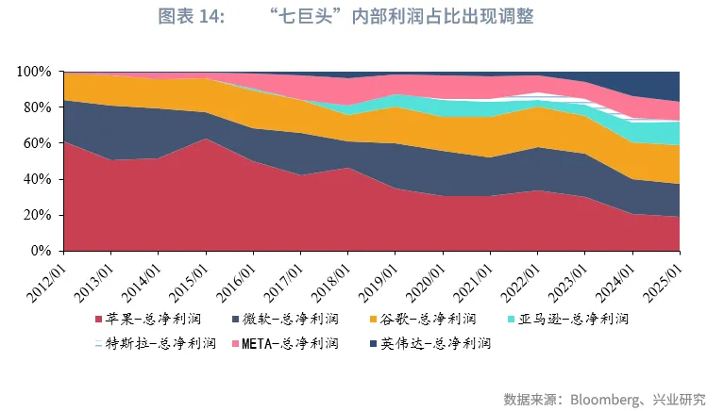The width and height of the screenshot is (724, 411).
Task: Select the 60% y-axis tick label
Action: tap(37, 143)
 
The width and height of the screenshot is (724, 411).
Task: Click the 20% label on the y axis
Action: tap(37, 215)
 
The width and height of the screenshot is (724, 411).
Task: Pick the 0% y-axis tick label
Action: tap(41, 251)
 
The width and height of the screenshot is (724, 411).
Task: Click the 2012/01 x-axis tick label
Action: tap(47, 274)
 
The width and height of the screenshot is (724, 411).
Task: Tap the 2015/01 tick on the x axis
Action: tap(190, 274)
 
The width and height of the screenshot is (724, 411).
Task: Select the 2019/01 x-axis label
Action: tap(379, 274)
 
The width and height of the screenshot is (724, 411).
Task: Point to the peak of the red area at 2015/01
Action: tap(206, 139)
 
